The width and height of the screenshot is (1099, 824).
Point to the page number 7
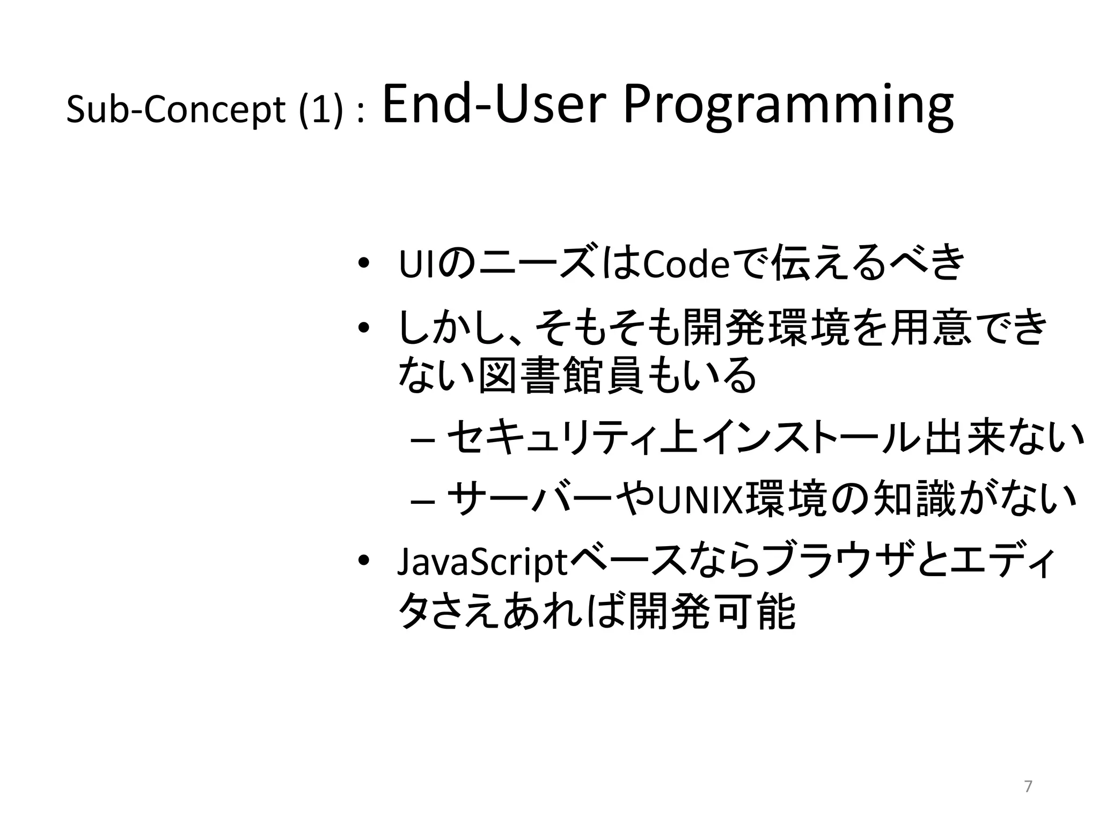(x=1028, y=787)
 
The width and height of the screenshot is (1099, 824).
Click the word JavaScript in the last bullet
(x=482, y=563)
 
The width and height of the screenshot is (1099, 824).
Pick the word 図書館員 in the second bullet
(x=560, y=375)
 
